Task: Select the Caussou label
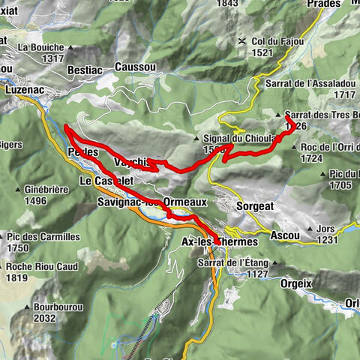coord(136,67)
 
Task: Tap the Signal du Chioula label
coord(233,138)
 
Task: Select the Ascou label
coord(285,235)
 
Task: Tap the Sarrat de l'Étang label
coord(232,262)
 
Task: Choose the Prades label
coord(325,4)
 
